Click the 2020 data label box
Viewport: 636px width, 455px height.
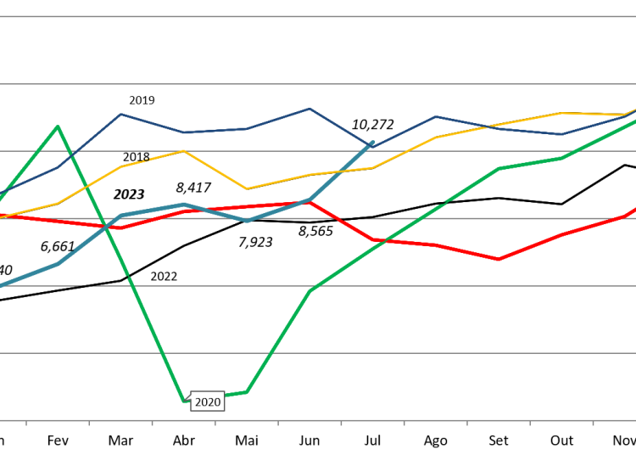click(x=208, y=402)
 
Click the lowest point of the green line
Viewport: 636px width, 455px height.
click(x=184, y=400)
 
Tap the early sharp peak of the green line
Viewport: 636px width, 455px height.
click(x=58, y=126)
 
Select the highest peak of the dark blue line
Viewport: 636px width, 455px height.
click(x=310, y=109)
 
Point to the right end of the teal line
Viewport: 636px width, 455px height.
click(x=372, y=142)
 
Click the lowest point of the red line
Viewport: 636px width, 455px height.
click(x=499, y=259)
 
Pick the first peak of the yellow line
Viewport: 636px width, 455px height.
click(x=183, y=151)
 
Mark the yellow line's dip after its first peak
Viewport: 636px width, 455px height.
click(x=247, y=188)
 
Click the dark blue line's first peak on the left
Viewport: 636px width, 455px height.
click(x=121, y=114)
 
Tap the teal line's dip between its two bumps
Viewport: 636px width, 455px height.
click(x=247, y=221)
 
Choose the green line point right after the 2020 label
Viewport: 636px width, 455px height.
click(x=247, y=391)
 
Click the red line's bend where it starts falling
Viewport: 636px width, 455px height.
click(x=310, y=202)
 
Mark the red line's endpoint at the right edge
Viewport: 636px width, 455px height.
click(x=633, y=209)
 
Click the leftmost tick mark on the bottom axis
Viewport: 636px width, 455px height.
click(x=26, y=423)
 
